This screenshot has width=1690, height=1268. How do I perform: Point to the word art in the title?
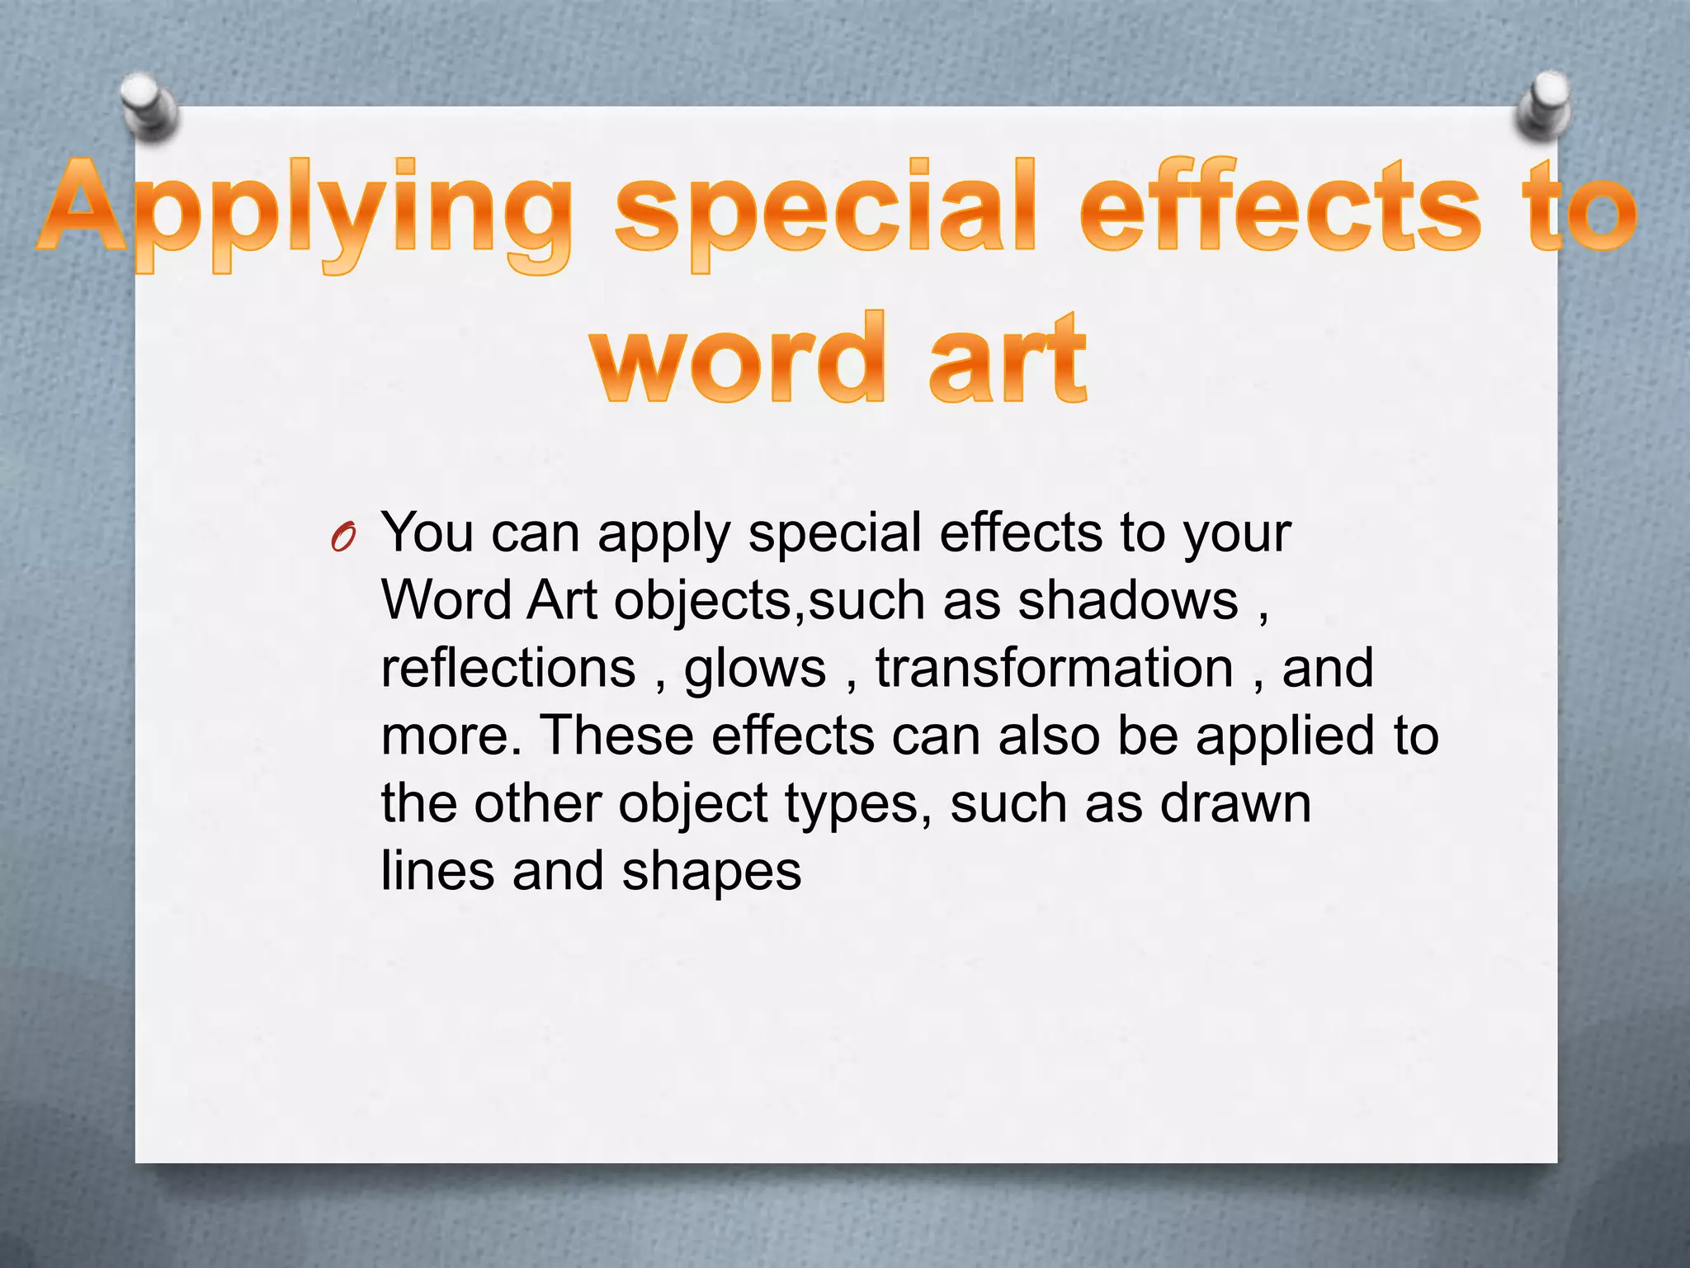pyautogui.click(x=1007, y=359)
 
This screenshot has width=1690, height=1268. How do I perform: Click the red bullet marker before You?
pyautogui.click(x=342, y=538)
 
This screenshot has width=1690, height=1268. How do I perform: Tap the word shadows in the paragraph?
pyautogui.click(x=1128, y=601)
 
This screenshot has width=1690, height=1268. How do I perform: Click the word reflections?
pyautogui.click(x=508, y=669)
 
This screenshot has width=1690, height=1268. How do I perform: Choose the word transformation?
pyautogui.click(x=1055, y=669)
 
